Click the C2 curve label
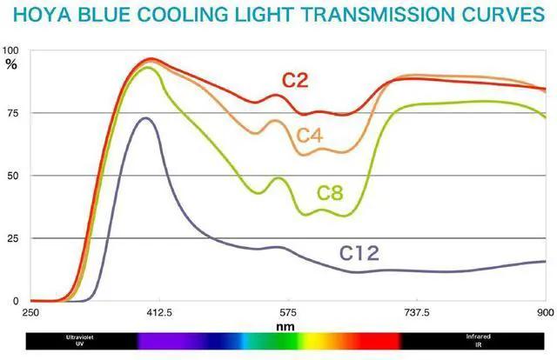[x=296, y=81]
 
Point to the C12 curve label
[x=359, y=254]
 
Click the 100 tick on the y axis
[x=10, y=50]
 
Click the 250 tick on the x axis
[x=30, y=312]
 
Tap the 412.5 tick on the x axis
[x=159, y=312]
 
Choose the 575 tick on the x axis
[x=288, y=312]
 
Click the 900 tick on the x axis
[x=545, y=312]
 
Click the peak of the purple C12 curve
[x=145, y=118]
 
